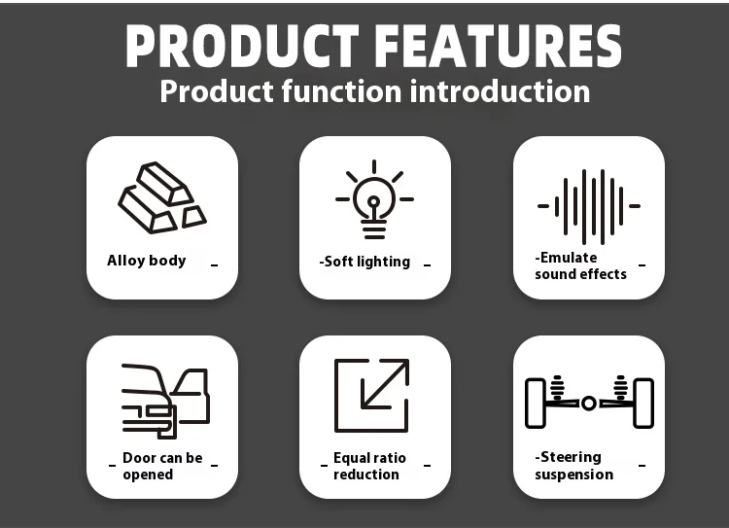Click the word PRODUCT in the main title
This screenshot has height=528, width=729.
[242, 46]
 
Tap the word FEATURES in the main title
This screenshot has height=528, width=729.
[498, 46]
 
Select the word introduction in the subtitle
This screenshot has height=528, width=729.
[500, 91]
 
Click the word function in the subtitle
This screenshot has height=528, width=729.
[342, 91]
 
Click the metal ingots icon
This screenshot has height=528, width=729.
[161, 197]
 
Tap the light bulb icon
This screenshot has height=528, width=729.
[374, 199]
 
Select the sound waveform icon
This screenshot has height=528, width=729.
[589, 206]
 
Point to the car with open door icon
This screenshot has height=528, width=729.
[165, 401]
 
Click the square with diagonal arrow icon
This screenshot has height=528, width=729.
[371, 396]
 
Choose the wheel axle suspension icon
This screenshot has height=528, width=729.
[589, 402]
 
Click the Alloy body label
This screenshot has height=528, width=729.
[147, 261]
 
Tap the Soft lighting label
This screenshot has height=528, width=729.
[364, 262]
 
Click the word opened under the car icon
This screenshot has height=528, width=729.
[148, 475]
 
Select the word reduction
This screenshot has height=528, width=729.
[366, 475]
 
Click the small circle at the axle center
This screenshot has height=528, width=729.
[589, 404]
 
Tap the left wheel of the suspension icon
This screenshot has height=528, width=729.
[536, 403]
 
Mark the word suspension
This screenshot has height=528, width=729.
[574, 475]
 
